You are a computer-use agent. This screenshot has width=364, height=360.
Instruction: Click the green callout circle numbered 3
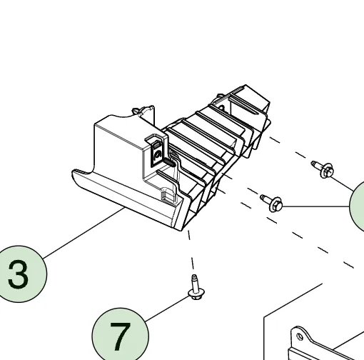[19, 274]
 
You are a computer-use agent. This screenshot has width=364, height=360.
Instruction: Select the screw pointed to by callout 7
[196, 287]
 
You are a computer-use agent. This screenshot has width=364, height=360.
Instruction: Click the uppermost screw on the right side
[323, 169]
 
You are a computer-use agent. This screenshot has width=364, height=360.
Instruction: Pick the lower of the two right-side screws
[272, 203]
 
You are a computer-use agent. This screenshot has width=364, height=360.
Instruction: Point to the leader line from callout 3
[84, 233]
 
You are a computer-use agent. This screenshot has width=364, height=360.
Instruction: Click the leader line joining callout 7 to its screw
[167, 309]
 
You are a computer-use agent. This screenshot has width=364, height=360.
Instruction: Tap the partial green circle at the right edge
[357, 206]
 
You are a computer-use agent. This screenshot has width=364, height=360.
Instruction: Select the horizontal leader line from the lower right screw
[315, 206]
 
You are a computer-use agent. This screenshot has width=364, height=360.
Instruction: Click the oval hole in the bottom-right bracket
[300, 336]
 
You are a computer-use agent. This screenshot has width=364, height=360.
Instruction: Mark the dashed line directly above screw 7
[191, 250]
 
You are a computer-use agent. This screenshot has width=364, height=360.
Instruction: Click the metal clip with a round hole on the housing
[157, 152]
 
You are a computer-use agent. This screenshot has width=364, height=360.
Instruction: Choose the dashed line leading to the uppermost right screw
[290, 150]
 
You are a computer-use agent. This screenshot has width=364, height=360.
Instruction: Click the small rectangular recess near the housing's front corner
[167, 195]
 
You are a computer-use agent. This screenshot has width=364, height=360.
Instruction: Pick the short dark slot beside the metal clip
[169, 163]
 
